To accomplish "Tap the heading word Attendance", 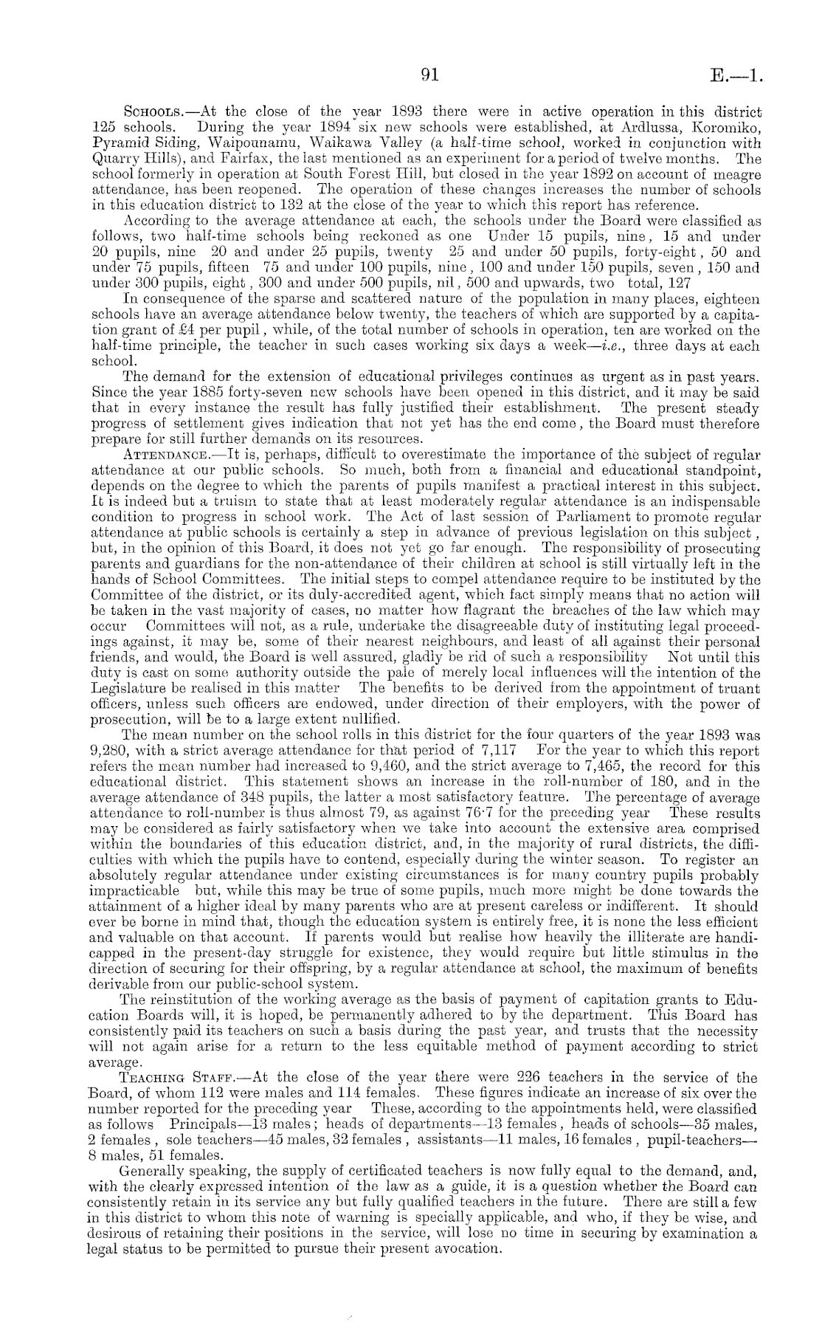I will click(165, 455).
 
